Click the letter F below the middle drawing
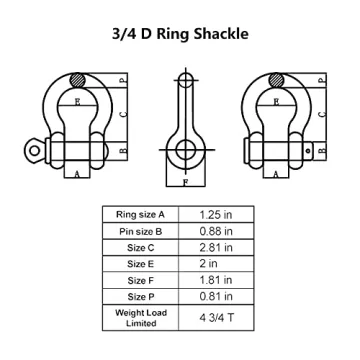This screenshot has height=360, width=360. tap(185, 183)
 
